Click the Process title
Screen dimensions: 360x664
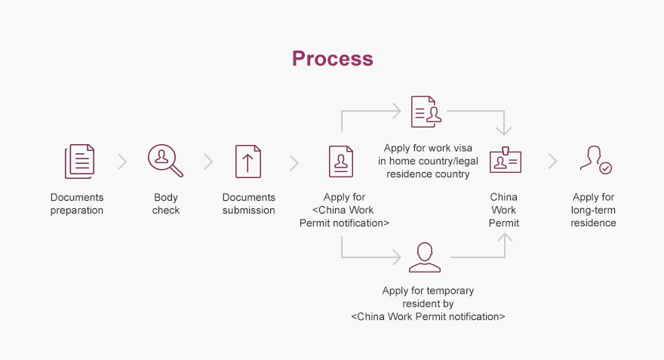click(332, 59)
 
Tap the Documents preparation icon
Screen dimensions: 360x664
click(79, 162)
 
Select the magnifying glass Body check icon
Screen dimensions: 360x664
click(165, 161)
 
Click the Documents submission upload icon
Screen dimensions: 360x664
click(248, 162)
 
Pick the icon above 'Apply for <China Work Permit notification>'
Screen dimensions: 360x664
click(341, 162)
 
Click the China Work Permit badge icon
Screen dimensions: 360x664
click(505, 161)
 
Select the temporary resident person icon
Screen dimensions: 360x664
click(424, 257)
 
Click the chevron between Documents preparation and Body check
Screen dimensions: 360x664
click(122, 162)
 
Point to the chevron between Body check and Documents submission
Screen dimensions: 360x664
click(208, 162)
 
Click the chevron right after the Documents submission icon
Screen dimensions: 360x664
click(294, 162)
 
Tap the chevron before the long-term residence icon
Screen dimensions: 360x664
click(552, 161)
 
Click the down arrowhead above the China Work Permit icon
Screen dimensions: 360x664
click(505, 130)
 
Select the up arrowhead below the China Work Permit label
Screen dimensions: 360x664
click(505, 238)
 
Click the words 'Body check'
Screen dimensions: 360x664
click(165, 204)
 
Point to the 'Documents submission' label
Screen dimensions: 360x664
click(248, 204)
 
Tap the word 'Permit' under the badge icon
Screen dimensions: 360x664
click(504, 223)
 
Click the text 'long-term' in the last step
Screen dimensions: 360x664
click(593, 210)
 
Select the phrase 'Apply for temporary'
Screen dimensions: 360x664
click(428, 290)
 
